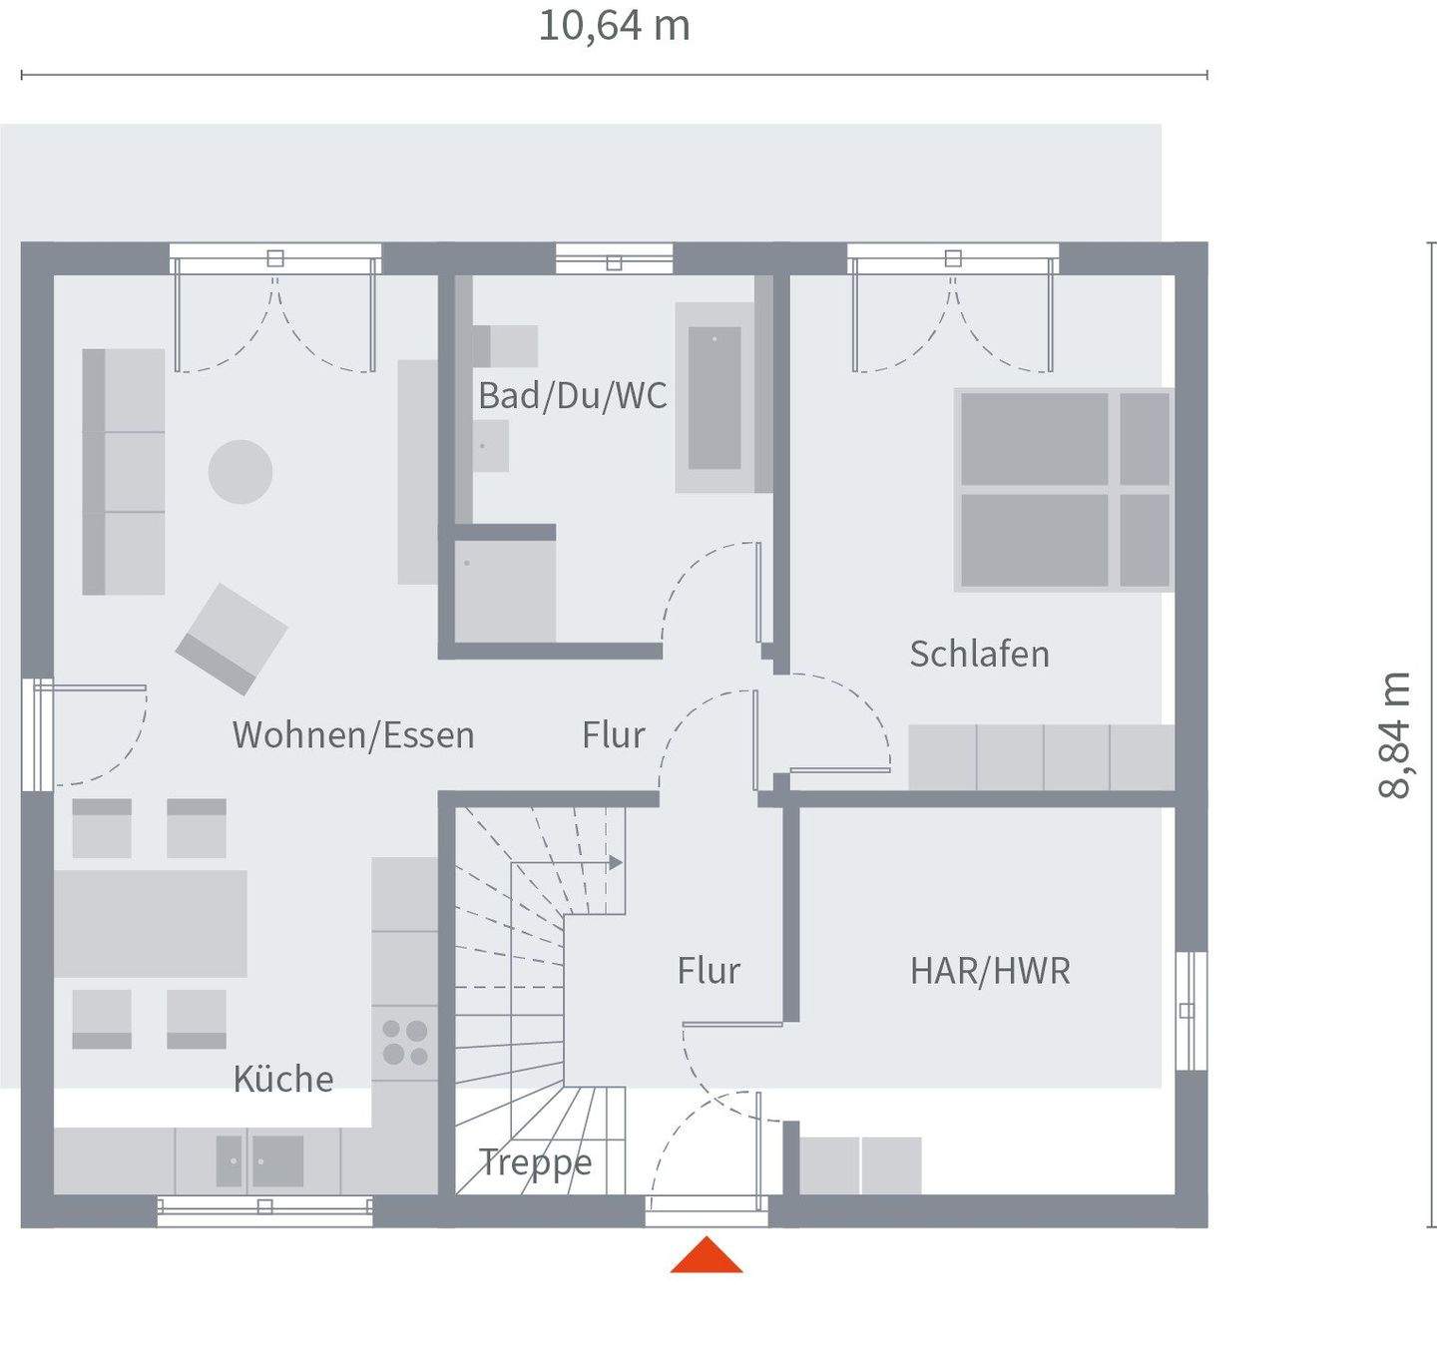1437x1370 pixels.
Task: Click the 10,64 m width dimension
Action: (614, 27)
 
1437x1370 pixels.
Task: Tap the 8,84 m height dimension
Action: (1394, 735)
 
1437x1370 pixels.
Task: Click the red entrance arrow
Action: (707, 1256)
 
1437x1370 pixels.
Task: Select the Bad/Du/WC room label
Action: (572, 396)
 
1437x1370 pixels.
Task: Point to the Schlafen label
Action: (979, 655)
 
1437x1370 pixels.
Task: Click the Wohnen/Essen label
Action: (353, 735)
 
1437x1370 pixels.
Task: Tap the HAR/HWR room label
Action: (990, 971)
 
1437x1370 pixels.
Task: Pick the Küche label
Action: (283, 1079)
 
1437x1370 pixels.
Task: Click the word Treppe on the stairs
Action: (535, 1162)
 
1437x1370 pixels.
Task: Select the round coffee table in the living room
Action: (240, 472)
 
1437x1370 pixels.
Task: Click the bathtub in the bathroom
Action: (715, 397)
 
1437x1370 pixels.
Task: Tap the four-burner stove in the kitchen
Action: (405, 1042)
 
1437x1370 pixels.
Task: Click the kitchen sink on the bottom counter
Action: (259, 1160)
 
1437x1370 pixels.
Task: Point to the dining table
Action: (151, 923)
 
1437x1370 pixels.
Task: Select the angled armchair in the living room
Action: (232, 639)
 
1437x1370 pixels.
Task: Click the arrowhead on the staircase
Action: (616, 862)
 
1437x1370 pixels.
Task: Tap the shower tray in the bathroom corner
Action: (505, 592)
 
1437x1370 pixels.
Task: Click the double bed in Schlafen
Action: (1062, 490)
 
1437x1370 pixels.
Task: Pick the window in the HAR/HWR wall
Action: (1190, 1011)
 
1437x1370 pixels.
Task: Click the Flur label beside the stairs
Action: (709, 971)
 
